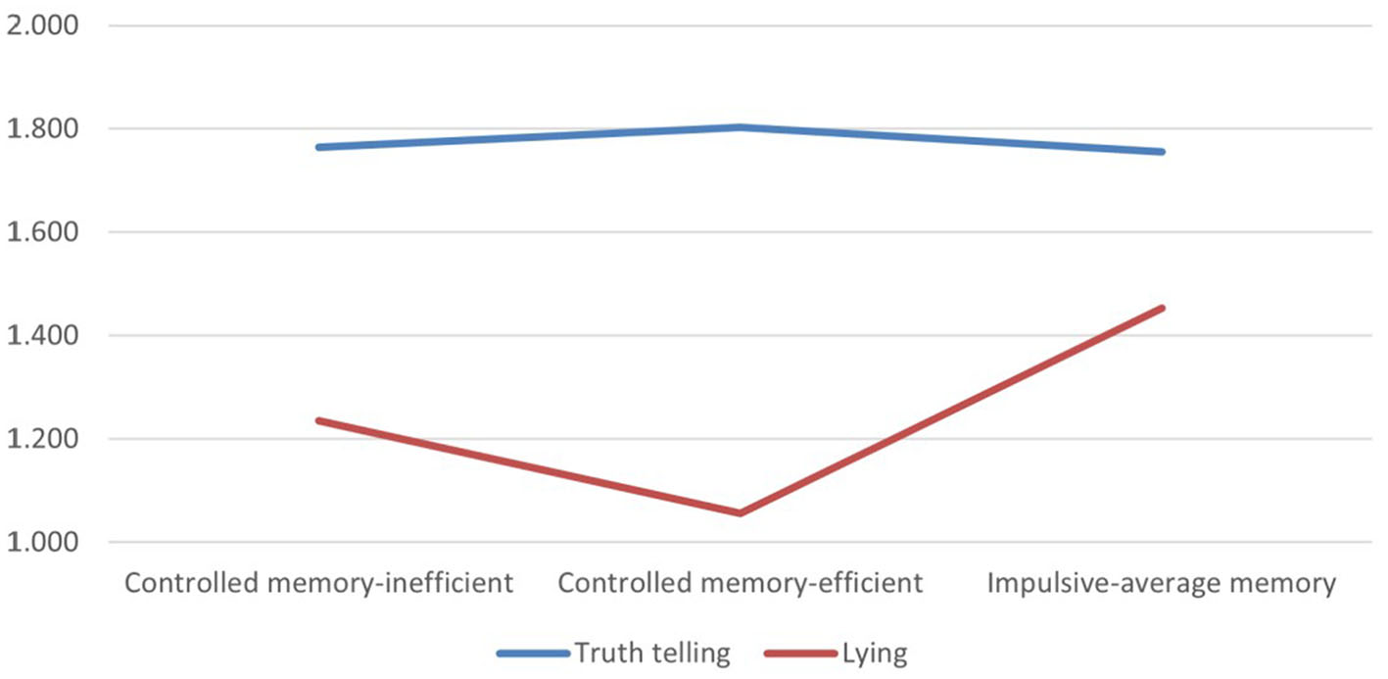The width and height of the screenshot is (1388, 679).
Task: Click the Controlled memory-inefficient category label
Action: point(317,584)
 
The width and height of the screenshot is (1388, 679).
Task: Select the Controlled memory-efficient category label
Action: point(741,584)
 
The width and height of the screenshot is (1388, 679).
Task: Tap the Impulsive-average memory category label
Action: point(1162,584)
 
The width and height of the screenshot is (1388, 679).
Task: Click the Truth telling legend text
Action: point(652,654)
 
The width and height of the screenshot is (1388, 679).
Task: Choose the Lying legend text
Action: point(875,654)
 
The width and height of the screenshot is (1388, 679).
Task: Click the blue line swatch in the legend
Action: point(533,654)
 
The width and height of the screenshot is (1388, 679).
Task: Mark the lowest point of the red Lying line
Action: point(741,512)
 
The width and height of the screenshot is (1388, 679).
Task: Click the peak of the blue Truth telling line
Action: point(741,126)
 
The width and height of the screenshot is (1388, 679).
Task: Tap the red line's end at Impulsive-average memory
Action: point(1162,308)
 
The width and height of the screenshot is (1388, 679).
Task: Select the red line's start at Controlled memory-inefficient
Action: point(318,420)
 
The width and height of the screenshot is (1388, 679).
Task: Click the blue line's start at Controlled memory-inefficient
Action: point(318,147)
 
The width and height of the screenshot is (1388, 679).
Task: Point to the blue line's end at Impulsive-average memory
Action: point(1162,152)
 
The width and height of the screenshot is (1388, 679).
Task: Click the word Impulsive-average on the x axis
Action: point(1088,584)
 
